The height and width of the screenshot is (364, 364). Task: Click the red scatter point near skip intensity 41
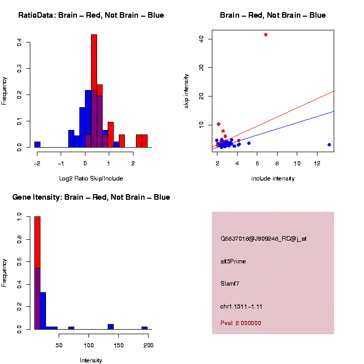click(266, 34)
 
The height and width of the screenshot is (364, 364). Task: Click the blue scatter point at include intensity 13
click(329, 145)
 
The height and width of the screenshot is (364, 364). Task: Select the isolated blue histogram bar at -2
click(37, 144)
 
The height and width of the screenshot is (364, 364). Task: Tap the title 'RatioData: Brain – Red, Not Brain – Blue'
click(91, 15)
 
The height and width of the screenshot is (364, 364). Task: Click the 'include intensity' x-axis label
click(273, 178)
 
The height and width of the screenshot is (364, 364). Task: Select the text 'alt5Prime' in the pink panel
click(233, 261)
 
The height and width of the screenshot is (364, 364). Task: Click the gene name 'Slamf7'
click(230, 284)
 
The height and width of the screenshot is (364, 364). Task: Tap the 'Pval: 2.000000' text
click(241, 323)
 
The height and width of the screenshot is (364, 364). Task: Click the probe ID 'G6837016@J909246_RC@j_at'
click(263, 239)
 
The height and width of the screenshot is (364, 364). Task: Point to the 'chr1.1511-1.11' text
click(241, 306)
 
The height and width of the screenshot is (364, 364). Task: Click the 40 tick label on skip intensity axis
click(201, 39)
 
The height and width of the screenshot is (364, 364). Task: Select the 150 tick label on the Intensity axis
click(119, 345)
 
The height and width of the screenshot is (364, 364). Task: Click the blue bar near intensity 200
click(145, 328)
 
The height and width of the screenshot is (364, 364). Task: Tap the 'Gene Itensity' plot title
click(91, 197)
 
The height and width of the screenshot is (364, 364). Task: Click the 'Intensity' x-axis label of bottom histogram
click(91, 360)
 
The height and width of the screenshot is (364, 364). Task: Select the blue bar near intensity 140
click(111, 327)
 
